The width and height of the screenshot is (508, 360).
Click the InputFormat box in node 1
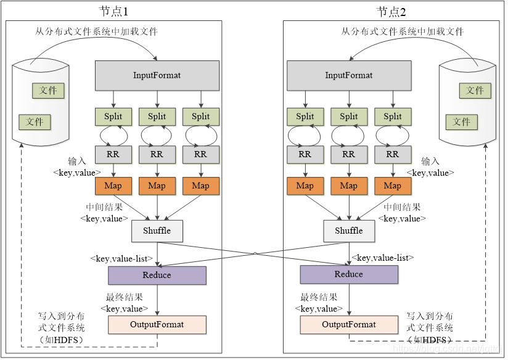tap(157, 75)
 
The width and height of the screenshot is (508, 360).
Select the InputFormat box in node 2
tap(349, 75)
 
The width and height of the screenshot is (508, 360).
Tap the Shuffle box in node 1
tap(157, 231)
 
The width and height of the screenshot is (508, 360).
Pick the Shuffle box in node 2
tap(349, 231)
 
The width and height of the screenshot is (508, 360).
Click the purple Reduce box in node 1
tap(157, 275)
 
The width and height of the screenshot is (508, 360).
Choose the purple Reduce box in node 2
tap(349, 274)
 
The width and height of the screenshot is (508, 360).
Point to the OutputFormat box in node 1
tap(157, 324)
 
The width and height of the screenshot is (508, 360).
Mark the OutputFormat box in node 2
tap(349, 324)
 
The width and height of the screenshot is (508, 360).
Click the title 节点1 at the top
tap(114, 12)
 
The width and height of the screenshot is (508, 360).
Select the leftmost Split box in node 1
tap(113, 117)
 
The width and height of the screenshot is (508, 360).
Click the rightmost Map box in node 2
tap(392, 186)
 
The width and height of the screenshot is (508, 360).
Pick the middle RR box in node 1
tap(157, 154)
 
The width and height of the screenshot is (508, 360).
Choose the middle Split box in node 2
tap(349, 117)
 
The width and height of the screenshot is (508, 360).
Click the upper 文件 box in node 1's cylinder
tap(48, 91)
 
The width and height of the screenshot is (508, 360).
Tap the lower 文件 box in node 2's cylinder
tap(461, 121)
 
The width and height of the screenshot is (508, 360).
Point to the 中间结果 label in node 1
tap(104, 207)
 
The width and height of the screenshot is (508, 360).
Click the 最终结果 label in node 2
tap(319, 297)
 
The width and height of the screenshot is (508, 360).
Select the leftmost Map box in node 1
tap(113, 186)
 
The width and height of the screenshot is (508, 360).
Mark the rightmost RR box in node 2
tap(392, 154)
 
